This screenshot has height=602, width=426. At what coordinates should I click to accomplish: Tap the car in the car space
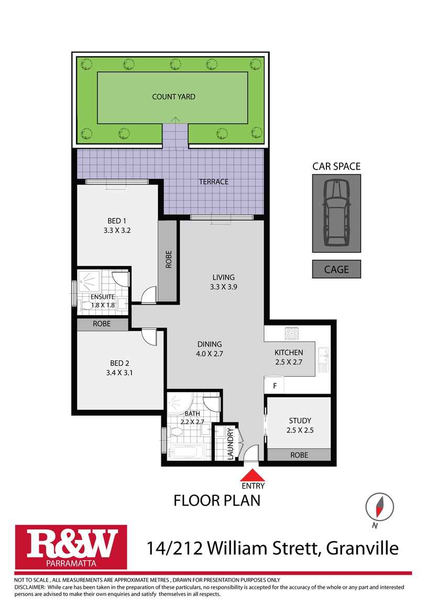point(336,213)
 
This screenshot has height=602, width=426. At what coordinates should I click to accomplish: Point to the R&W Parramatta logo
point(71,548)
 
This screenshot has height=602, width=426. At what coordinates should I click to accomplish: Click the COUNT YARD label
point(173,97)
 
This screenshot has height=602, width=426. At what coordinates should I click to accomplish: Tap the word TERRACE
point(213,182)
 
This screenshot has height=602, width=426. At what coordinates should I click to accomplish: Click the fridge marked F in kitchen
point(274,386)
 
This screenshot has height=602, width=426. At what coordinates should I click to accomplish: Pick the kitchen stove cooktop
point(290,332)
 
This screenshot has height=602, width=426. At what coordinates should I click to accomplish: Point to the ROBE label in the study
point(299,455)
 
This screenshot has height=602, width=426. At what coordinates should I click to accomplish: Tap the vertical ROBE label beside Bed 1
point(169,261)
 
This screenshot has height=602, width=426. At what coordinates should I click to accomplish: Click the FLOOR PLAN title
point(217,500)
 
